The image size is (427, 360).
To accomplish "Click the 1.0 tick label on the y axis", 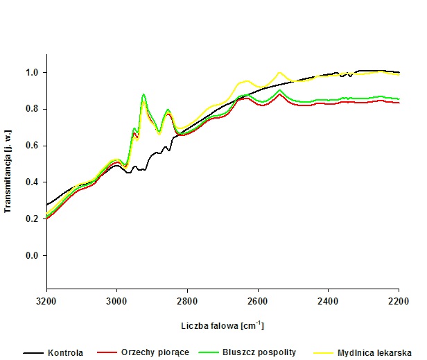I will pos(32,73).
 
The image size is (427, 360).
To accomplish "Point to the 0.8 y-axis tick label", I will pos(32,110).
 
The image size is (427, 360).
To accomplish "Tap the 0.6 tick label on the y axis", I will pos(32,146).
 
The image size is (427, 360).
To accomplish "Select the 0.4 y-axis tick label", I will pos(32,182).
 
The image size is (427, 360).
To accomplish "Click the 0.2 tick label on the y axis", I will pos(32,219).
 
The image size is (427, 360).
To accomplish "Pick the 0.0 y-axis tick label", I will pos(32,256).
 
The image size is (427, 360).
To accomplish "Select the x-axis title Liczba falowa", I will pos(223,325).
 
